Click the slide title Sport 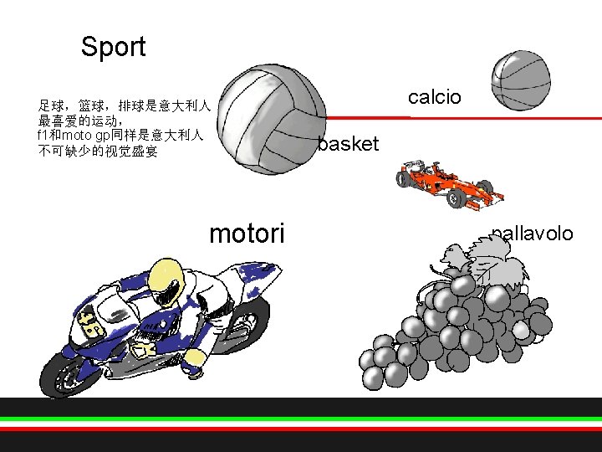tap(113, 48)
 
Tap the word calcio tap(434, 98)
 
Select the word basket tap(348, 145)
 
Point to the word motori tap(247, 233)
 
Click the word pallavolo tap(533, 234)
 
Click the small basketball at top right tap(519, 81)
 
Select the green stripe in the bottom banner tap(301, 419)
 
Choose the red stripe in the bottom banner tap(301, 428)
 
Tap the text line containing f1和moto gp tap(120, 136)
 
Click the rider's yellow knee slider tap(193, 359)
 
